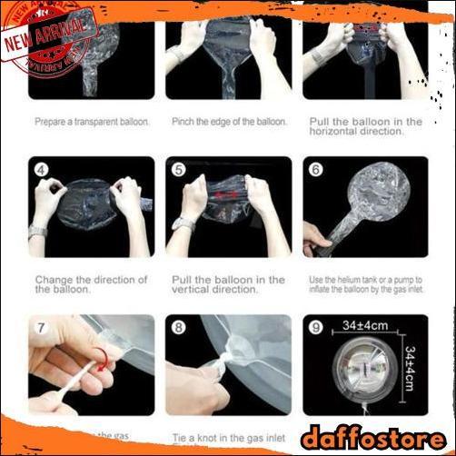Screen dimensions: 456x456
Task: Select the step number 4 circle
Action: coord(42,170)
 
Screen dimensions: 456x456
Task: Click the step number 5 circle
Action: coord(179,170)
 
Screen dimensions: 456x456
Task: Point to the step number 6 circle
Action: coord(316,170)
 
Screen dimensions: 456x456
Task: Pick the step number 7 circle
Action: coord(42,328)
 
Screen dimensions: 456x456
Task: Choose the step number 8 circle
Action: coord(179,328)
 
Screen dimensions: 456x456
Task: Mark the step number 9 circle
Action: coord(316,328)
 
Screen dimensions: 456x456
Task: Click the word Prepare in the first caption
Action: coord(52,121)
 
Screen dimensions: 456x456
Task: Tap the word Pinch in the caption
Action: coord(184,121)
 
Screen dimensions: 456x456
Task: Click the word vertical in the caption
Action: coord(192,290)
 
